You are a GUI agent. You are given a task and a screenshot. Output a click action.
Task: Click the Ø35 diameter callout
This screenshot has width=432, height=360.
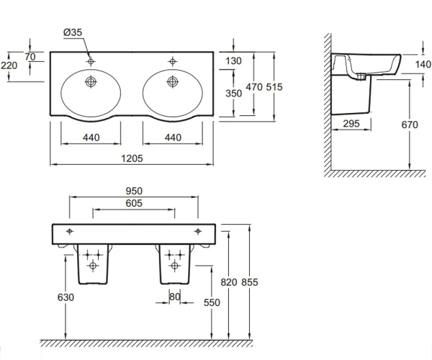(x=73, y=32)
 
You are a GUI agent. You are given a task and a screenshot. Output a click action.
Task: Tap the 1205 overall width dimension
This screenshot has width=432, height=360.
(x=132, y=158)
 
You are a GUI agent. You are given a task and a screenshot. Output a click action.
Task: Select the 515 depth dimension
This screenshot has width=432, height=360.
(x=274, y=87)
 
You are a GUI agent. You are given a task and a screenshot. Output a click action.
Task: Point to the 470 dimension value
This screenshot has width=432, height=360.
(x=253, y=87)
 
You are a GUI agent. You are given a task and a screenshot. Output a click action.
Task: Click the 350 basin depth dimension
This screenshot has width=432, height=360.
(x=233, y=94)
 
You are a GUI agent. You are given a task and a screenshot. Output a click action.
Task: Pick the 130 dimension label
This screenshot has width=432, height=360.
(x=233, y=61)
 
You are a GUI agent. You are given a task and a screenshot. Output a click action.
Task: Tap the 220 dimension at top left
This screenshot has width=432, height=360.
(x=9, y=66)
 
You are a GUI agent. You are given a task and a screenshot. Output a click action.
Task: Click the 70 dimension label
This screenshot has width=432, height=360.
(x=30, y=57)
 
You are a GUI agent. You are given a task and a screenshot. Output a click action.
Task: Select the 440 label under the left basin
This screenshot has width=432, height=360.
(x=91, y=138)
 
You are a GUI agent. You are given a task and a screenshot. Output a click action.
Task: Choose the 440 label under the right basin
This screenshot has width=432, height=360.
(x=173, y=138)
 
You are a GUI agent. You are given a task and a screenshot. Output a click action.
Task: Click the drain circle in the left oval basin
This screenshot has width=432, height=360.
(x=91, y=81)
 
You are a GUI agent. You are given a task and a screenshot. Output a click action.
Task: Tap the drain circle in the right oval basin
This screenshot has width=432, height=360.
(x=173, y=81)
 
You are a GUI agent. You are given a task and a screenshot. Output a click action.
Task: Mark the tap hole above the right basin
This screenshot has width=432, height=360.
(x=173, y=61)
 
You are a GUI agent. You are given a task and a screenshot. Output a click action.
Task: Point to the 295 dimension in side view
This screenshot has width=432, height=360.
(x=351, y=124)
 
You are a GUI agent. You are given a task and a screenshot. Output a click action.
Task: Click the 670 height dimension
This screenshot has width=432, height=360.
(x=410, y=125)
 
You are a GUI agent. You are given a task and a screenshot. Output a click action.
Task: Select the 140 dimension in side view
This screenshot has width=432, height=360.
(x=423, y=65)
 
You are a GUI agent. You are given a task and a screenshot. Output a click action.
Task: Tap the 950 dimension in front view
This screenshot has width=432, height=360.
(x=134, y=191)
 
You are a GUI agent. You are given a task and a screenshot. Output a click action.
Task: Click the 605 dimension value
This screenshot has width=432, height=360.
(x=134, y=203)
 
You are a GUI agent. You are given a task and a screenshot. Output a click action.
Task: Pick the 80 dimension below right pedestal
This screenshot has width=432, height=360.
(x=175, y=297)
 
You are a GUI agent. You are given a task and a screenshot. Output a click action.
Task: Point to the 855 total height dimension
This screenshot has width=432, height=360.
(x=250, y=282)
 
